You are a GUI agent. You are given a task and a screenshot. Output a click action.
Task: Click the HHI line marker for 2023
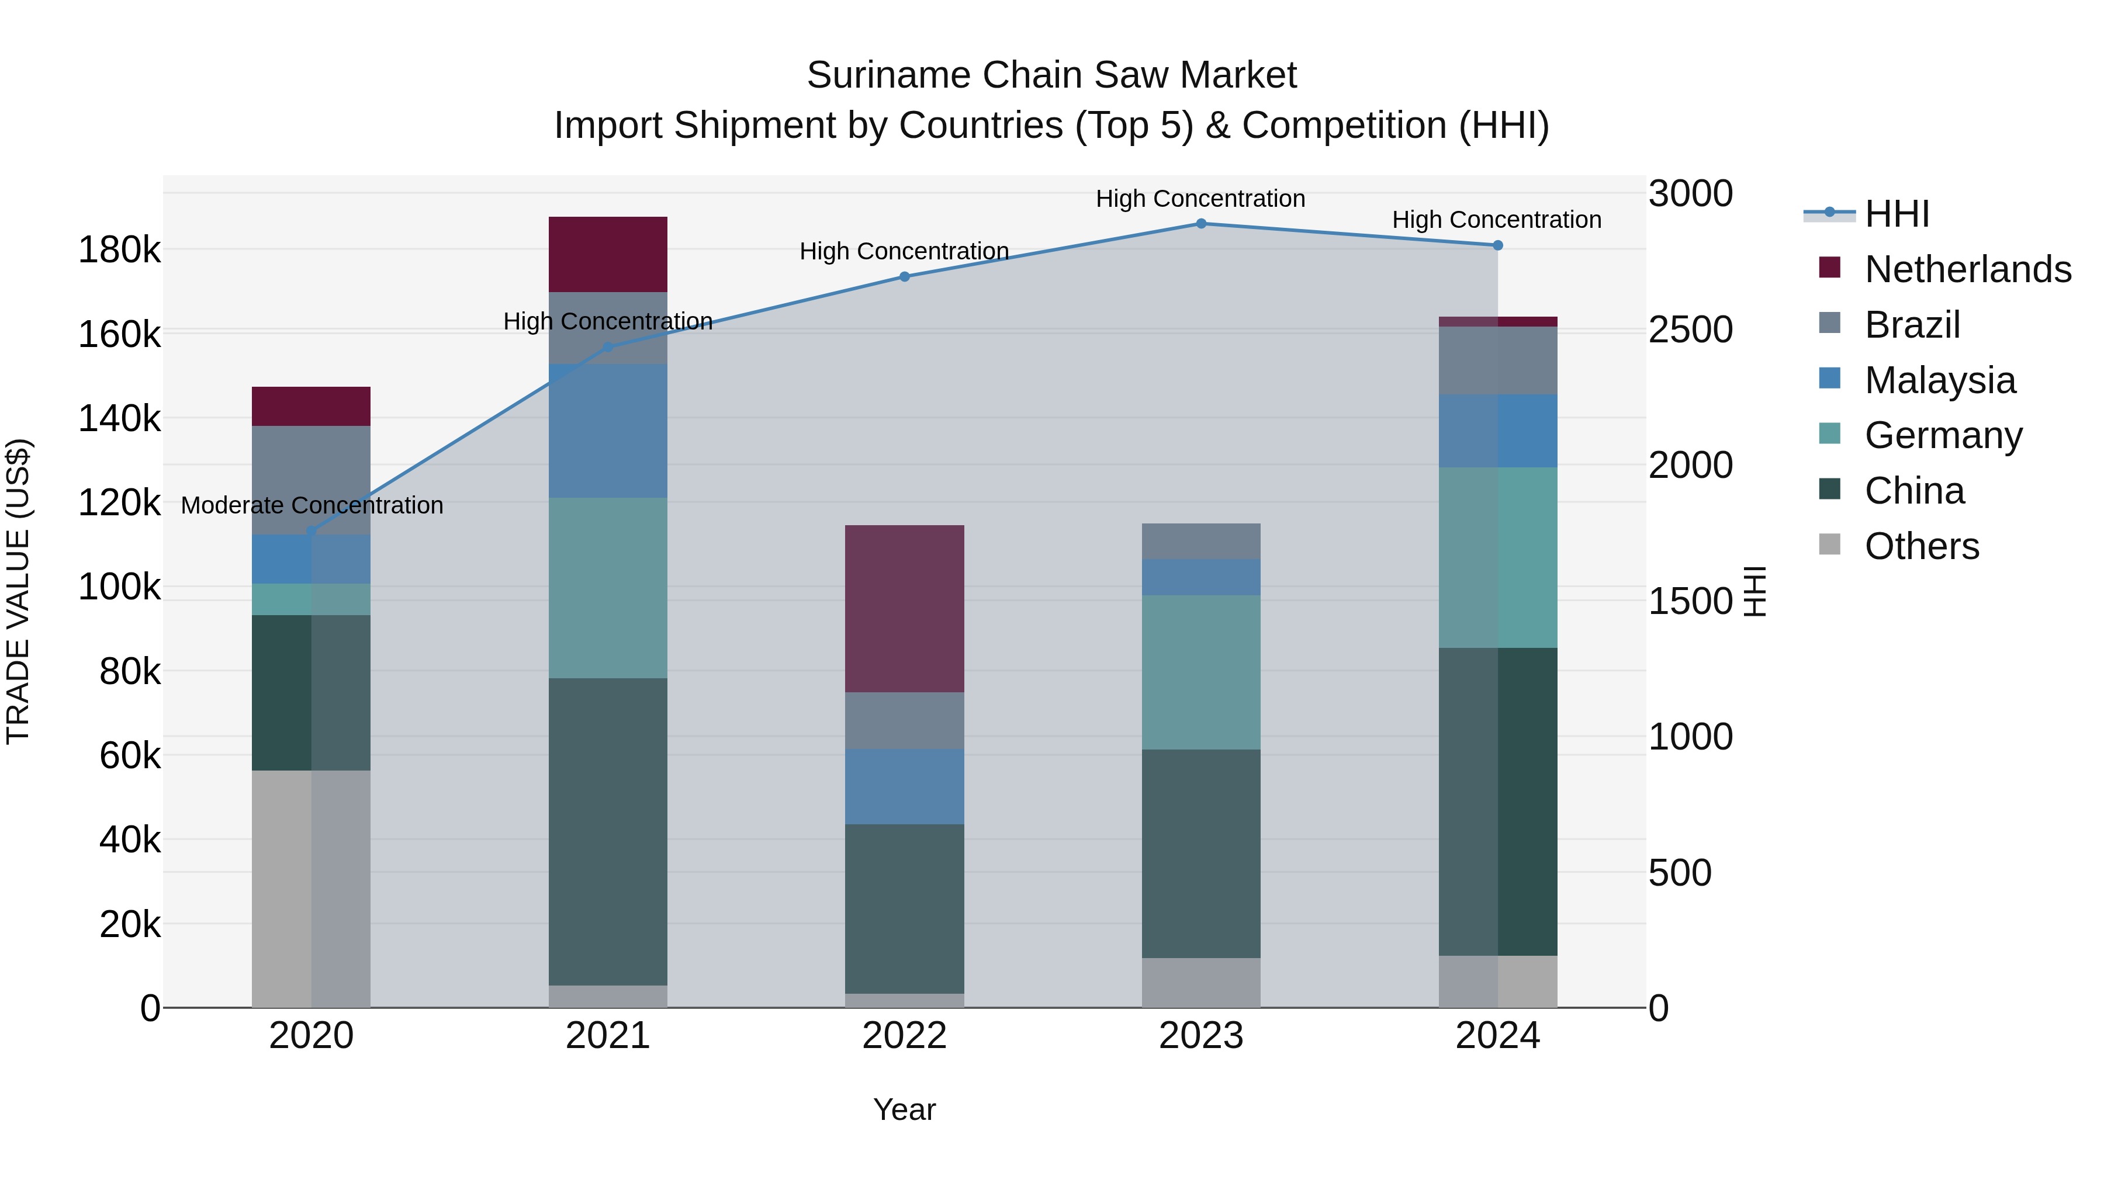coord(1200,224)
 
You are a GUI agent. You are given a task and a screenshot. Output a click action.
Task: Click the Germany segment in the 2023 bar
coord(1200,672)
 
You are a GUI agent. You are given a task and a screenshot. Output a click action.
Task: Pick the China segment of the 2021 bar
coord(608,831)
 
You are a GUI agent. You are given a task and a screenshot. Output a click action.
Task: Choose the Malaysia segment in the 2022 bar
coord(904,786)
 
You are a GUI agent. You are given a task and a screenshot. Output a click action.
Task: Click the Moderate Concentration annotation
coord(312,505)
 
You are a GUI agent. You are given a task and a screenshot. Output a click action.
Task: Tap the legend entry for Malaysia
coord(1940,380)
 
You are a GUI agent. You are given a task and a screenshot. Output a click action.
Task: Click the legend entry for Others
coord(1921,546)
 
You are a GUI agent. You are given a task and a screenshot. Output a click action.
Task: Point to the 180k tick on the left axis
coord(119,250)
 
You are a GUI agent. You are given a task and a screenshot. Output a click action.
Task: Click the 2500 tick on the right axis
coord(1690,330)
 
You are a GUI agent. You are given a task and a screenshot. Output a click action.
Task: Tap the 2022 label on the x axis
coord(904,1036)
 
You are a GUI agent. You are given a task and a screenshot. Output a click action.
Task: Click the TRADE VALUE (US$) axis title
coord(18,591)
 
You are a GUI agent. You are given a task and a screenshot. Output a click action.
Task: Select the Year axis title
coord(904,1109)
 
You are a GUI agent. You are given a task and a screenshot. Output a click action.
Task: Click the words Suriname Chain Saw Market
coord(1051,75)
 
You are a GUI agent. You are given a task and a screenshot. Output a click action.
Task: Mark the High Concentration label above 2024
coord(1496,220)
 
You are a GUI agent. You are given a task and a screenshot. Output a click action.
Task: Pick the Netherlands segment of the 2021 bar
coord(608,254)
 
